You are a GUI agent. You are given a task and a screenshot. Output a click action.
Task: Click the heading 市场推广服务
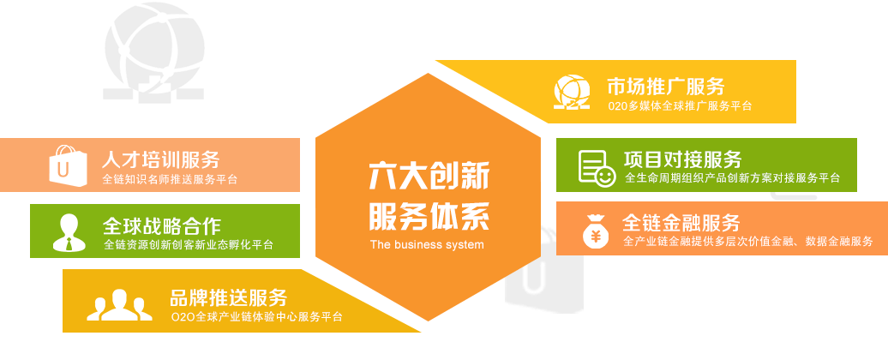click(666, 87)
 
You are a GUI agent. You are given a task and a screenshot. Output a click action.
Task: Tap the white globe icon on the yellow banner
click(572, 92)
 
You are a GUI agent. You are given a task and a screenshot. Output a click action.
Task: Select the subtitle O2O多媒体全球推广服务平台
click(681, 106)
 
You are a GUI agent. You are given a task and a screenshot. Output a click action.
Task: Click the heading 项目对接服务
click(683, 159)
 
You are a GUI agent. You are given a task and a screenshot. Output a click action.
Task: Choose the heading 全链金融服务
click(681, 223)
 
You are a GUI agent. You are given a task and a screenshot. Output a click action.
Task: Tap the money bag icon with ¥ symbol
click(596, 231)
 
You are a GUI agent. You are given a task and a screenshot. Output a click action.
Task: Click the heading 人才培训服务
click(161, 159)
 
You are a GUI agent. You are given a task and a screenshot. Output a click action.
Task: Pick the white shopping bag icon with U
click(68, 165)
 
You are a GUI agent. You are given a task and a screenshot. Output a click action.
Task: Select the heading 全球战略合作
click(162, 225)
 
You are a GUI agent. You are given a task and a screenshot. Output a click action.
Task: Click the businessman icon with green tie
click(69, 232)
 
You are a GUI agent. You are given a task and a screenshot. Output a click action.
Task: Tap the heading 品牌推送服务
click(229, 297)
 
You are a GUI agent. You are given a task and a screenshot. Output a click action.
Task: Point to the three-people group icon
click(119, 305)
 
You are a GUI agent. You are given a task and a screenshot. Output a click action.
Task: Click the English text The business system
click(427, 245)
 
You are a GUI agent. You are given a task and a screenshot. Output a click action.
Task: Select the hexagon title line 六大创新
click(429, 175)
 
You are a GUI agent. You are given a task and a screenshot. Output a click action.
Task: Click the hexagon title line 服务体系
click(429, 216)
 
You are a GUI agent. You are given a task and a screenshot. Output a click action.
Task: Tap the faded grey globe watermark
click(153, 52)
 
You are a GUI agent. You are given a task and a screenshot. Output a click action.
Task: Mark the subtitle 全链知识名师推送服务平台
click(170, 180)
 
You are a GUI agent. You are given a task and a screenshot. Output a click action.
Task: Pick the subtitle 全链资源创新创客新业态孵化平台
click(189, 245)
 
